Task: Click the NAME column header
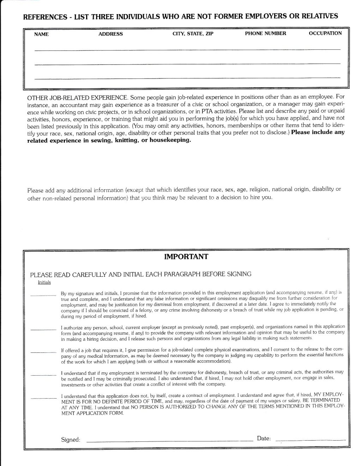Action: click(x=41, y=34)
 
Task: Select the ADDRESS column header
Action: click(x=110, y=34)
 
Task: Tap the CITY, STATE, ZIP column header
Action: click(x=193, y=34)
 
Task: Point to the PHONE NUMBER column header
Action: click(x=265, y=34)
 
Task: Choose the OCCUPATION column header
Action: click(x=325, y=33)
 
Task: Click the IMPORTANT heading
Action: click(x=186, y=257)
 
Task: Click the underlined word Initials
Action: click(x=44, y=282)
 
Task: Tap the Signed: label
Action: click(x=71, y=440)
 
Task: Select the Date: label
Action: click(x=264, y=438)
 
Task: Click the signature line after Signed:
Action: click(x=169, y=441)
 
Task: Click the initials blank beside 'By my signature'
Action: click(x=43, y=294)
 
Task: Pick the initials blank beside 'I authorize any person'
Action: click(x=43, y=329)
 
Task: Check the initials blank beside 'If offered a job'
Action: click(x=43, y=352)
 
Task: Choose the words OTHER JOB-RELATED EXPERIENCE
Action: click(x=77, y=97)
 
